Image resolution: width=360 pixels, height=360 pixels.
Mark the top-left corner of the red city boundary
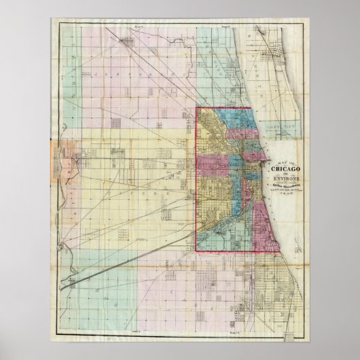click(x=198, y=108)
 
